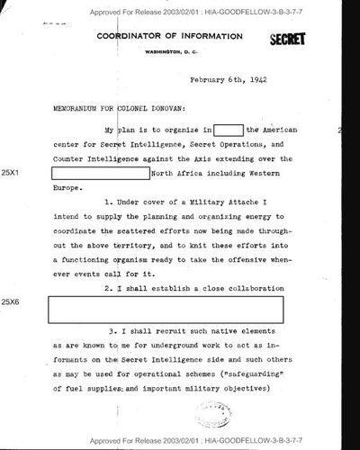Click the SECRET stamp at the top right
pos(287,40)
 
